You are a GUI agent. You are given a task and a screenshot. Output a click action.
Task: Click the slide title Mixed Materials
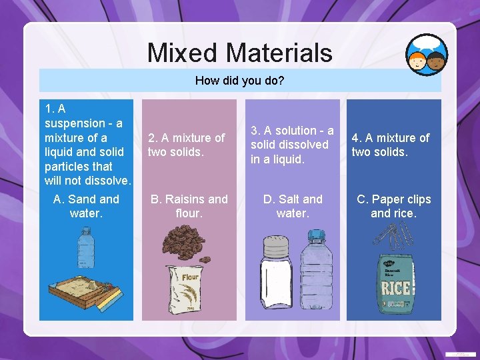point(239,53)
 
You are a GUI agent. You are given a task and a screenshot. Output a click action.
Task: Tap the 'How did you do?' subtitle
point(239,81)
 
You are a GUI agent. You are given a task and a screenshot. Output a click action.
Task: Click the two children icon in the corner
point(427,55)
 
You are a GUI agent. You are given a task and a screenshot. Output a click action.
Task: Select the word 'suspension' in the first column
point(73,123)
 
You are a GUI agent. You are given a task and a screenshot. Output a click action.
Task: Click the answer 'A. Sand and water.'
point(86,206)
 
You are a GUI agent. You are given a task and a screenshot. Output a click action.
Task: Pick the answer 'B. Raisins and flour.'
point(189,206)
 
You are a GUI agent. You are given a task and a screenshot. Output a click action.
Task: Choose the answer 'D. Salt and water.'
point(293,206)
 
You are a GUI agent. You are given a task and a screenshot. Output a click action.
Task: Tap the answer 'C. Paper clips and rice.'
point(393,206)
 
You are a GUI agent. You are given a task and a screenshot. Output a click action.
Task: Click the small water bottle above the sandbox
point(85,248)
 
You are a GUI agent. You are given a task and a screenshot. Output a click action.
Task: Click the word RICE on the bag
point(395,289)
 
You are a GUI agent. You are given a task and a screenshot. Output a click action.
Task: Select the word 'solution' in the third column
point(293,131)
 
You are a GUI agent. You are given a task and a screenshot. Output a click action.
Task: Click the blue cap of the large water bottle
point(313,234)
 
